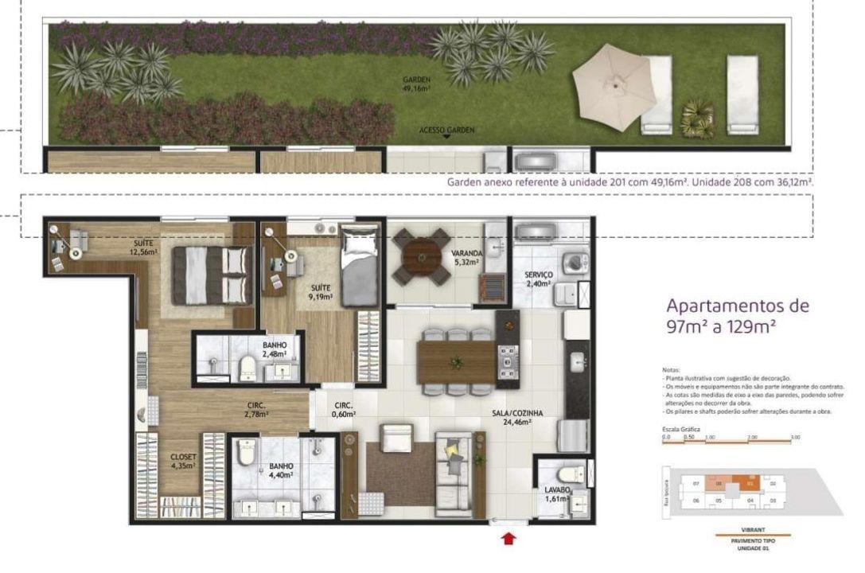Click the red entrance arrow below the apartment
[x=508, y=540]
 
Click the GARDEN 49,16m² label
[x=417, y=83]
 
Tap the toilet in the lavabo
[x=571, y=476]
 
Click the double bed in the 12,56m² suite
[x=211, y=275]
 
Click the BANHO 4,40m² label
[x=281, y=470]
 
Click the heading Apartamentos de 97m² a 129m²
[x=737, y=315]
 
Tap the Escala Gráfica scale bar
[x=732, y=439]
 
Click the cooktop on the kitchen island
[x=507, y=360]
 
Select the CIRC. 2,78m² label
[x=255, y=409]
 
